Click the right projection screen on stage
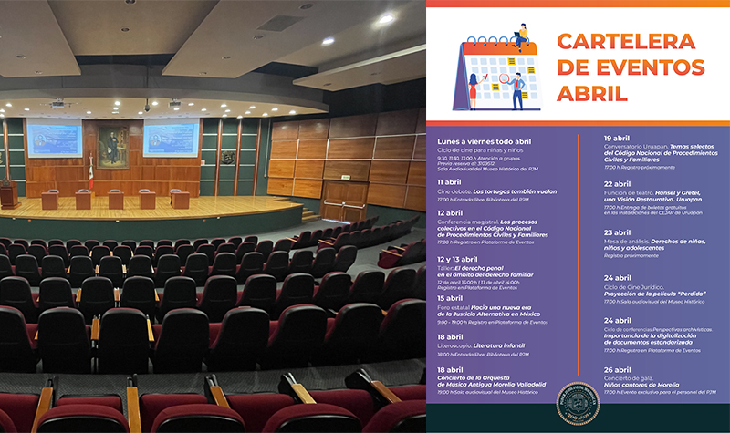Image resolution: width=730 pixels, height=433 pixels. (171, 138)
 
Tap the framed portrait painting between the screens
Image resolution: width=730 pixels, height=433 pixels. (113, 145)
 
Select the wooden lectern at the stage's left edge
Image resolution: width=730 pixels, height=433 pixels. (9, 193)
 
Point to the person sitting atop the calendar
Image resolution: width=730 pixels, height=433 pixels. (521, 35)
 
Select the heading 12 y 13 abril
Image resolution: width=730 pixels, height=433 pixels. (462, 259)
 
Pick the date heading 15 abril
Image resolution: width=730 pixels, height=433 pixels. (450, 298)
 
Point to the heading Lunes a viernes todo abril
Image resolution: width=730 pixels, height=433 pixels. (485, 140)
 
